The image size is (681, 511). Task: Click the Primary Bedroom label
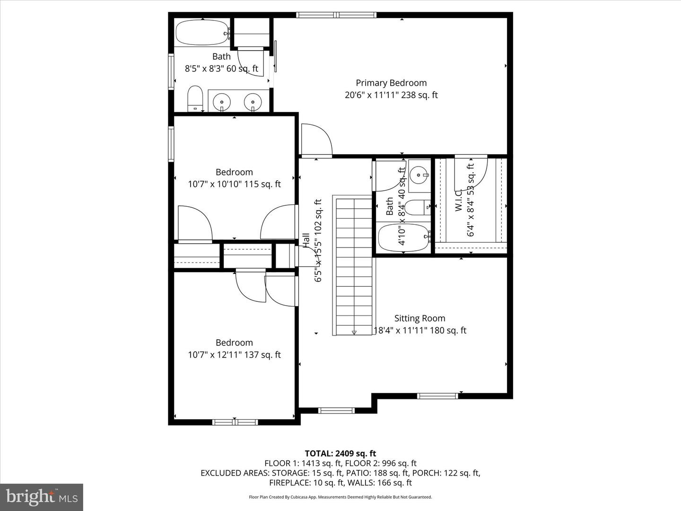pyautogui.click(x=391, y=83)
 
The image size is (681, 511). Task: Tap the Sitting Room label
pyautogui.click(x=419, y=318)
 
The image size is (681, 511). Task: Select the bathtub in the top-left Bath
pyautogui.click(x=202, y=33)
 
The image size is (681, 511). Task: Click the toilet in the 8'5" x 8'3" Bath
pyautogui.click(x=195, y=98)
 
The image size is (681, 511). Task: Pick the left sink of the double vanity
pyautogui.click(x=221, y=101)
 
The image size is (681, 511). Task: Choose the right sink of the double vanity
pyautogui.click(x=253, y=101)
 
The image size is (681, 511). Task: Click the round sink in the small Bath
pyautogui.click(x=418, y=176)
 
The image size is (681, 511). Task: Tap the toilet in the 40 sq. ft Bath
pyautogui.click(x=418, y=207)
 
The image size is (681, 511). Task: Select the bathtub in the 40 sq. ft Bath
pyautogui.click(x=404, y=237)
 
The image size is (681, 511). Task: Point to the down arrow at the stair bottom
pyautogui.click(x=354, y=333)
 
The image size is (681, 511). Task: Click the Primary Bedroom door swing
pyautogui.click(x=316, y=140)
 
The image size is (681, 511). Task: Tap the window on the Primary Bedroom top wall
pyautogui.click(x=336, y=15)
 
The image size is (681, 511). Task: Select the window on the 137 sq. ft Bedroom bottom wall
pyautogui.click(x=235, y=422)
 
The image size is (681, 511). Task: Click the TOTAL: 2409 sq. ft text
pyautogui.click(x=340, y=453)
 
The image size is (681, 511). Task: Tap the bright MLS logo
pyautogui.click(x=42, y=497)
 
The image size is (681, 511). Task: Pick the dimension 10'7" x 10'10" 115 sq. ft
pyautogui.click(x=234, y=184)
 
